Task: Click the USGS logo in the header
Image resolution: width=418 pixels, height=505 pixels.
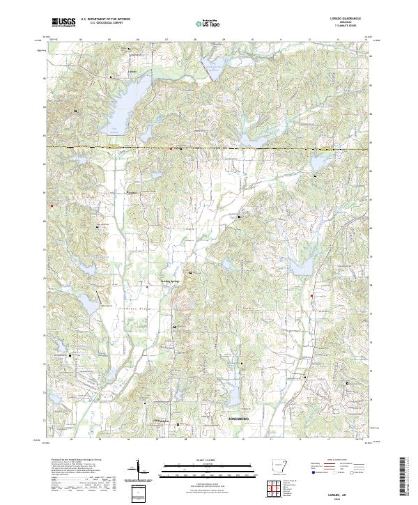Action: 63,23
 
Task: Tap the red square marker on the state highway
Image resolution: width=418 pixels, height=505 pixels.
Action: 171,148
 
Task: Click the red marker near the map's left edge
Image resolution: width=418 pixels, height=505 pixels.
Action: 51,205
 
